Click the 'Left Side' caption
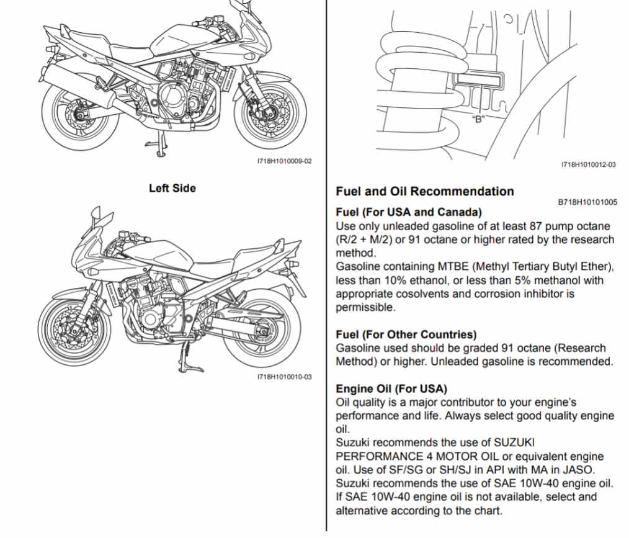click(x=172, y=188)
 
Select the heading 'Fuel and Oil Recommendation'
click(x=424, y=191)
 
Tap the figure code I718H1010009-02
click(x=284, y=161)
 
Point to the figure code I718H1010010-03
click(x=284, y=377)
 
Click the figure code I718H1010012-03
click(x=588, y=164)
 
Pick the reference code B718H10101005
click(x=587, y=202)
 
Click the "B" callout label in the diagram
click(x=478, y=119)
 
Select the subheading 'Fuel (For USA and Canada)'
click(x=408, y=212)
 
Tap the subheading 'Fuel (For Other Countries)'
click(x=406, y=334)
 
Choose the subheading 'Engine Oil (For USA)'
click(x=391, y=388)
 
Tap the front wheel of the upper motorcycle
click(x=274, y=111)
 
